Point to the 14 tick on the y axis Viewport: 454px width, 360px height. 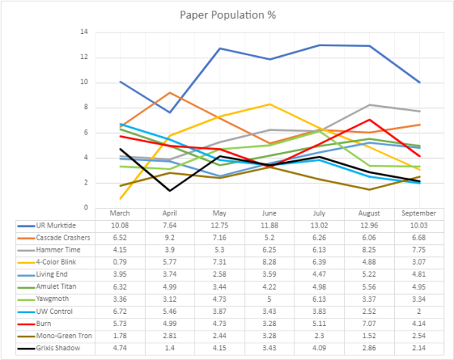[x=84, y=33]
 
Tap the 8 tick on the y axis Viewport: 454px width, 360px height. [x=86, y=107]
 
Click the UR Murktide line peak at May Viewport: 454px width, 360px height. [x=220, y=48]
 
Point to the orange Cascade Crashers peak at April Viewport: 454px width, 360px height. [x=171, y=93]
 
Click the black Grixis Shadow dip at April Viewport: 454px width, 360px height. [x=171, y=191]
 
